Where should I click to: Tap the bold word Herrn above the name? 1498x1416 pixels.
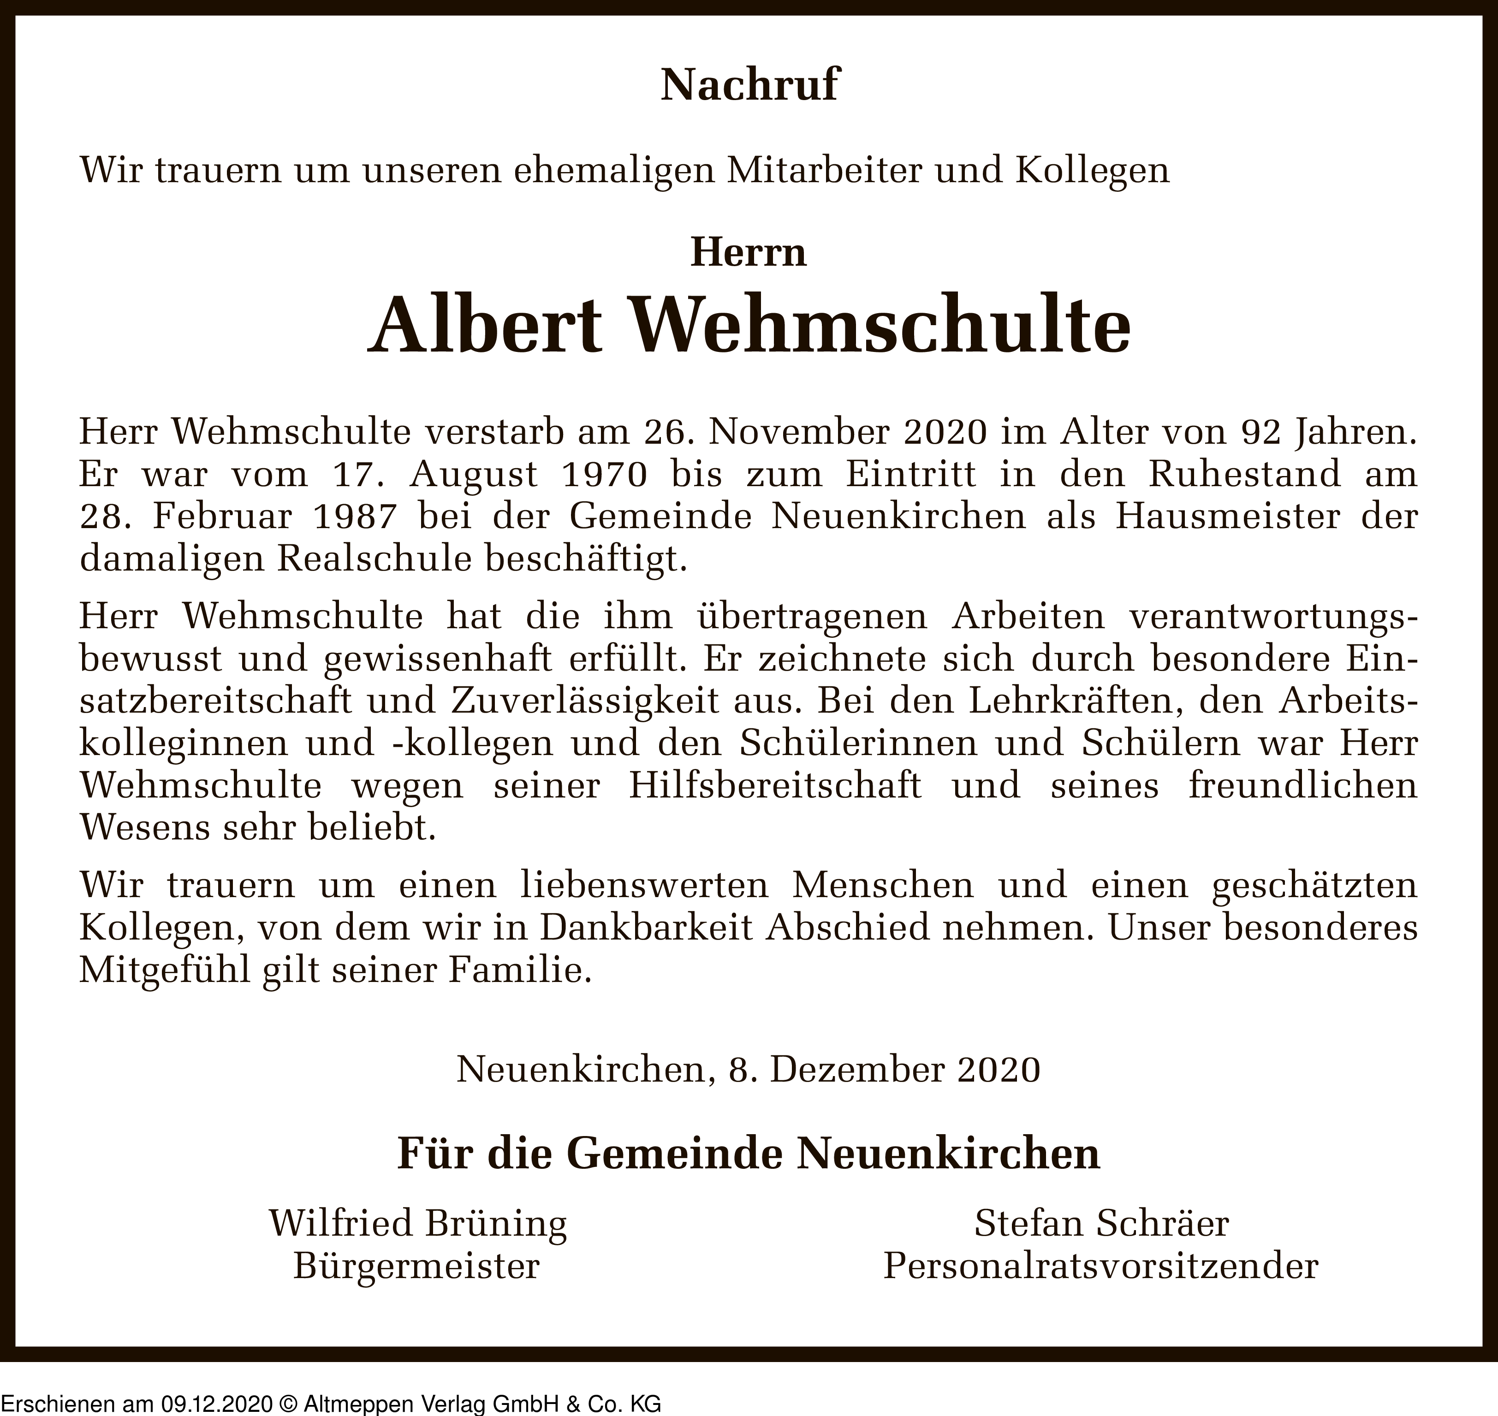[x=749, y=252]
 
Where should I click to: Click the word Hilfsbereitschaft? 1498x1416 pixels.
[x=774, y=786]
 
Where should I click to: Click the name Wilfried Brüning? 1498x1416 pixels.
[x=417, y=1224]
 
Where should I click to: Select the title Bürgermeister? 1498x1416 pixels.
[x=416, y=1266]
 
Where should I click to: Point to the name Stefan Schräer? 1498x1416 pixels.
[x=1101, y=1224]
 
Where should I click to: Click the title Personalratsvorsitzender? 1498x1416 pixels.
[x=1100, y=1266]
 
